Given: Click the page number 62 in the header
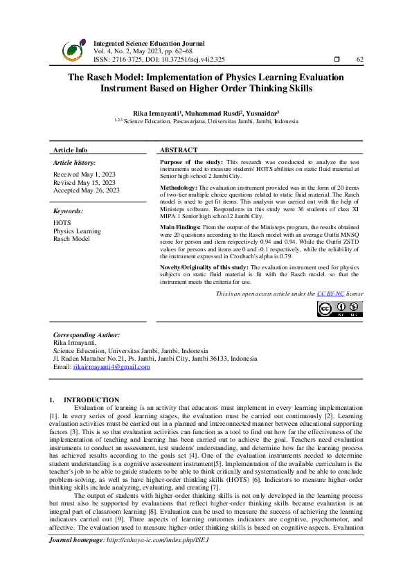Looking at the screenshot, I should click(x=359, y=60).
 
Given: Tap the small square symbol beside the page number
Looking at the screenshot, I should click(x=336, y=60).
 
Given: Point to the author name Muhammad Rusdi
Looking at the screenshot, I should click(x=211, y=112).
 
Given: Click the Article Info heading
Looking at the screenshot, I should click(x=71, y=150).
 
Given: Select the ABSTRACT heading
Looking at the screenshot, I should click(x=179, y=150).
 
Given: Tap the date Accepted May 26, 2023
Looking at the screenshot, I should click(x=86, y=190).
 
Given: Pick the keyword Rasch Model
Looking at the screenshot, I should click(x=71, y=238).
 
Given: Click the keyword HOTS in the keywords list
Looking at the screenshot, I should click(x=62, y=223).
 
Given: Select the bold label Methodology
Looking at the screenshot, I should click(x=179, y=188).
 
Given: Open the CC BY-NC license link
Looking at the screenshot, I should click(x=331, y=294).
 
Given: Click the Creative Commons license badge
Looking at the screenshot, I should click(x=339, y=310).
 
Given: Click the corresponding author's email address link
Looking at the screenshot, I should click(x=111, y=367).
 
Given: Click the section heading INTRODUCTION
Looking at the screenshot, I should click(x=91, y=400).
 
